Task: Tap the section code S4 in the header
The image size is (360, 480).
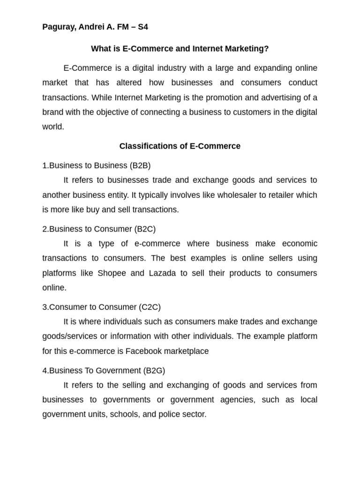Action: click(142, 27)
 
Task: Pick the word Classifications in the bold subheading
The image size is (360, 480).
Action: click(148, 146)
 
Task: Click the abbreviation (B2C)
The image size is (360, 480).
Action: click(145, 229)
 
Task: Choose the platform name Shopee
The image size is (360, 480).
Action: click(112, 273)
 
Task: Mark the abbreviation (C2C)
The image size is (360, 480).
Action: click(150, 307)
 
